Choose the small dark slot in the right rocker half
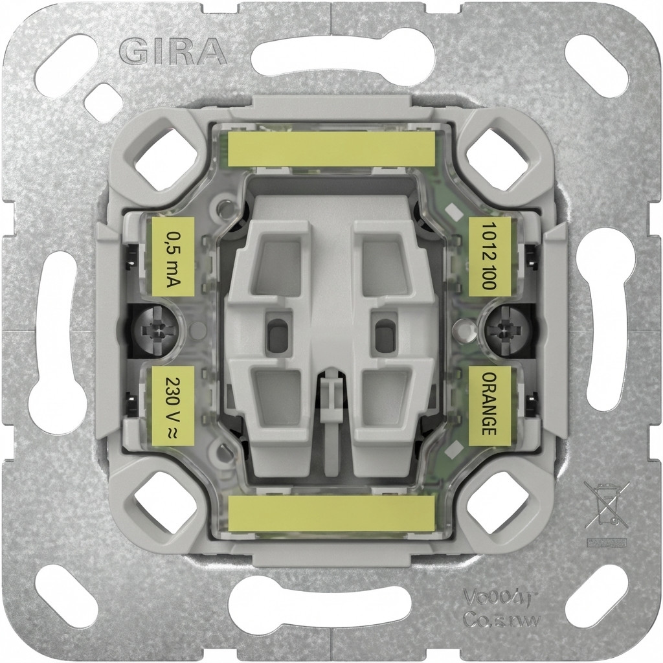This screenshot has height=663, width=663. point(386,335)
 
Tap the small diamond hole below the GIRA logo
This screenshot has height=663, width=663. point(104,103)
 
